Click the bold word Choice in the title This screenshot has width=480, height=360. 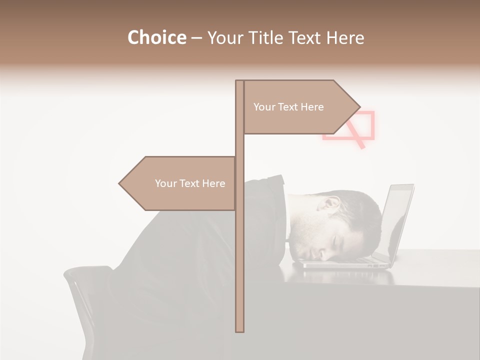pyautogui.click(x=156, y=37)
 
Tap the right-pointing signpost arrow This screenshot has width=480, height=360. pyautogui.click(x=300, y=107)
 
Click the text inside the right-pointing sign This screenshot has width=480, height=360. pyautogui.click(x=288, y=107)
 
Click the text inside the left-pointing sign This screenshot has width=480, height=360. pyautogui.click(x=190, y=183)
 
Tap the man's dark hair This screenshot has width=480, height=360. pyautogui.click(x=360, y=210)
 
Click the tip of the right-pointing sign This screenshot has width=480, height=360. pyautogui.click(x=359, y=107)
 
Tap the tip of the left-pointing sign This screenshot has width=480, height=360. pyautogui.click(x=120, y=183)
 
